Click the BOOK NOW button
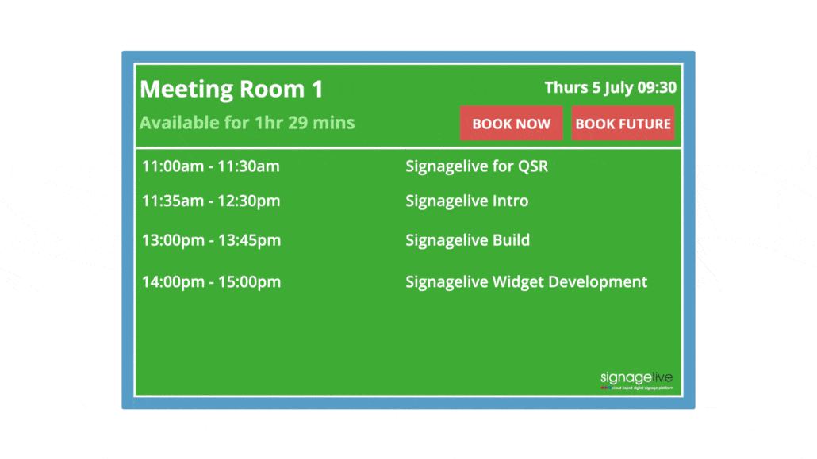[511, 124]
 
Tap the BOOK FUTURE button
[623, 124]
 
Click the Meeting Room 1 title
[232, 89]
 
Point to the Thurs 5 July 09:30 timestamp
[610, 87]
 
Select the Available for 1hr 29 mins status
[247, 123]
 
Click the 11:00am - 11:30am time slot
[210, 166]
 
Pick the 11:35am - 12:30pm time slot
[210, 201]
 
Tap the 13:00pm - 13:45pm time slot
[210, 240]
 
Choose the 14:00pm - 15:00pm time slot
[210, 281]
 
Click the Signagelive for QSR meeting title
[477, 166]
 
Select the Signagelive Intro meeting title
[466, 201]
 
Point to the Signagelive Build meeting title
[467, 240]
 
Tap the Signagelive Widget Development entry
[526, 281]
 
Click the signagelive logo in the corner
[636, 379]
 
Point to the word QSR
[532, 166]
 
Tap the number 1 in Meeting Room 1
[316, 89]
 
